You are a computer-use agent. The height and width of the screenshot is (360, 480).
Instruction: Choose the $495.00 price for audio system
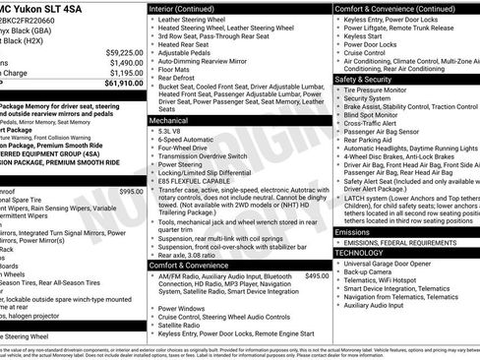coord(317,275)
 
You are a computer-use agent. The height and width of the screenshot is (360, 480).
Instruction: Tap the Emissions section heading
coord(355,231)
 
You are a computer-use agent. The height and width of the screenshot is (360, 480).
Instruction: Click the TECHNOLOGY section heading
coord(360,252)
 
